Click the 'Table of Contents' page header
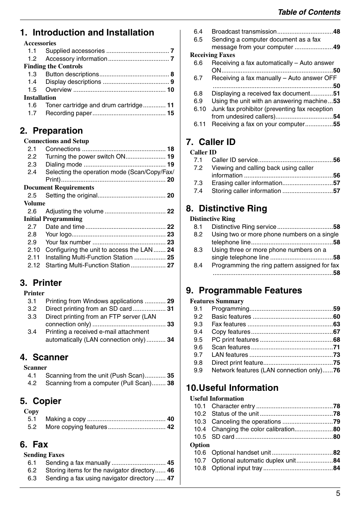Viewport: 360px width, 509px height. tap(309, 12)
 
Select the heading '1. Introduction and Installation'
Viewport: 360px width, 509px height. tap(87, 32)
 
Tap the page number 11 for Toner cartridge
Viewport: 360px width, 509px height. tap(171, 105)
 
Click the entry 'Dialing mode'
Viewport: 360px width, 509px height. tap(63, 164)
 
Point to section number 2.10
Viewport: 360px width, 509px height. tap(34, 250)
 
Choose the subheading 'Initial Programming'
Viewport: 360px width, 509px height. tap(53, 219)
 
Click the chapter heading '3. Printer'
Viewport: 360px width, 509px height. tap(41, 283)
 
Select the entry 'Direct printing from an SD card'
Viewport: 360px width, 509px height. tap(88, 308)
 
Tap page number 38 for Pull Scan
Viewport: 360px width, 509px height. tap(171, 383)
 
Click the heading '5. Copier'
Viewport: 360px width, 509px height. tap(40, 401)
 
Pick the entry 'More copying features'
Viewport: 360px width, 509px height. tap(76, 427)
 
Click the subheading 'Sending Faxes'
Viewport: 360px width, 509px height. tap(44, 455)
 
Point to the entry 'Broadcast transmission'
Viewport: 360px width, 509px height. tap(244, 32)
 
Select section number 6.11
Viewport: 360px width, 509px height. tap(200, 124)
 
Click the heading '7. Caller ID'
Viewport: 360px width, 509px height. tap(211, 142)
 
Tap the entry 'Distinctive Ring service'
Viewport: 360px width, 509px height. tap(244, 227)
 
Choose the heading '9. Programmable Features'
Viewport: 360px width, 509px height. tap(244, 290)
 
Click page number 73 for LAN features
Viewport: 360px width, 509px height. tap(336, 355)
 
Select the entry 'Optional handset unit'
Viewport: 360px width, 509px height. tap(241, 452)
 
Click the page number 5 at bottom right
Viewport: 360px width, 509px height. tap(338, 494)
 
